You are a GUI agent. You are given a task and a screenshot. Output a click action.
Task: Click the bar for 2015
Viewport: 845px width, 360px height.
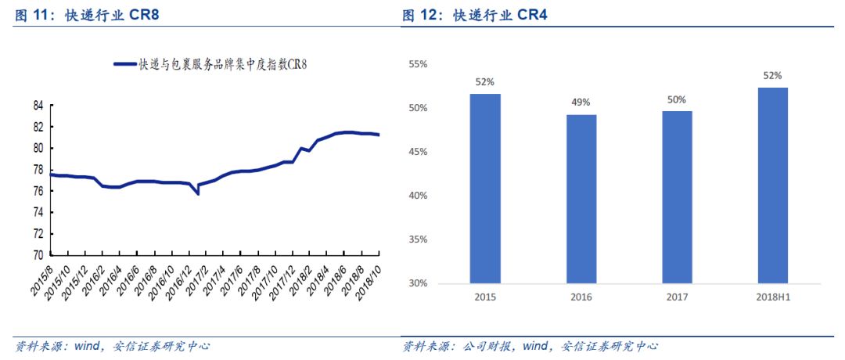(485, 188)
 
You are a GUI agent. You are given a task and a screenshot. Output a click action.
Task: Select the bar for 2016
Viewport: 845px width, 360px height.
(581, 199)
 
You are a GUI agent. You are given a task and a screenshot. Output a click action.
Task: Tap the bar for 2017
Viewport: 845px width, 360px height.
(677, 196)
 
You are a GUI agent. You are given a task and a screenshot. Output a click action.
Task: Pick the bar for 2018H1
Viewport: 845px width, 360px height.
(772, 185)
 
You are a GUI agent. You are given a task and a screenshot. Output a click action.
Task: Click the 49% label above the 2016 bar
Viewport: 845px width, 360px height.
(581, 103)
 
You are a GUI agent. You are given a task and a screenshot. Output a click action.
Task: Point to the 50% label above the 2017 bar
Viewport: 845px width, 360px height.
(677, 99)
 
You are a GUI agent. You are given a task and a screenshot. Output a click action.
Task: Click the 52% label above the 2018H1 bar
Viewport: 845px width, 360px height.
(772, 76)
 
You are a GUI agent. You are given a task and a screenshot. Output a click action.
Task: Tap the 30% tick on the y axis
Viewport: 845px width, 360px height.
(418, 283)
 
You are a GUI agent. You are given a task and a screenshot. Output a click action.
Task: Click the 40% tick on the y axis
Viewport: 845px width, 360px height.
(418, 195)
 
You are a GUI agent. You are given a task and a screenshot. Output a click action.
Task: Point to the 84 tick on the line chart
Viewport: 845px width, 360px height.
(38, 106)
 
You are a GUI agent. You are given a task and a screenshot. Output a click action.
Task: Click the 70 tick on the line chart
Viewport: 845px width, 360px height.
(38, 255)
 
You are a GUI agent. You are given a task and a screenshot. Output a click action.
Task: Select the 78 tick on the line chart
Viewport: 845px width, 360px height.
(38, 170)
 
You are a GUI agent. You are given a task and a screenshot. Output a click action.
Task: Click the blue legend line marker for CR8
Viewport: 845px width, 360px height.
(124, 65)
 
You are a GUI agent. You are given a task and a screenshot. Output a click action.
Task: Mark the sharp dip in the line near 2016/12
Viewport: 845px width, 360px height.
(197, 193)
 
